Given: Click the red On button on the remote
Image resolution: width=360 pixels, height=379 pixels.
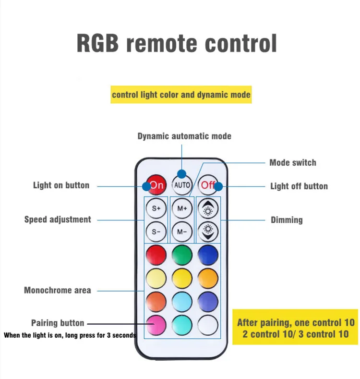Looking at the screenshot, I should (156, 185).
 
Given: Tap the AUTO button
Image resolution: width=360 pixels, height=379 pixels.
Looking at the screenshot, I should (182, 185).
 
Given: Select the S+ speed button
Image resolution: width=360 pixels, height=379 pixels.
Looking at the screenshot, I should (156, 208).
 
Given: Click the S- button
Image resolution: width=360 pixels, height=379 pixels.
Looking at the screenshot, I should (156, 232).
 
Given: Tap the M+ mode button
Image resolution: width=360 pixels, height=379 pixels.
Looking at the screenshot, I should (182, 208).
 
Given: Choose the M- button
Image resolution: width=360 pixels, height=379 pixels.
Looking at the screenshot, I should (182, 232).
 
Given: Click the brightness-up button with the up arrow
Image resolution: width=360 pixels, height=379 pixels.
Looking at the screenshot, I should (208, 208).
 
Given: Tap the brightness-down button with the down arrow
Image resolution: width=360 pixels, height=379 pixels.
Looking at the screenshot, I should (208, 232).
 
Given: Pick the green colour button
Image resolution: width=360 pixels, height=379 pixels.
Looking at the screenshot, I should (182, 255).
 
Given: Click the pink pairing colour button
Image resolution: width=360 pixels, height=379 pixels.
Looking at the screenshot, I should (156, 325).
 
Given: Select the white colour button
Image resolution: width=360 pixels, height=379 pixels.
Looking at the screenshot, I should (208, 325).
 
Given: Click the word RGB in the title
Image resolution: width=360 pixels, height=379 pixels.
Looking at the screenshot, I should (98, 43).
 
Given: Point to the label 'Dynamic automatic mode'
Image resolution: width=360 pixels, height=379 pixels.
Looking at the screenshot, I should (184, 136).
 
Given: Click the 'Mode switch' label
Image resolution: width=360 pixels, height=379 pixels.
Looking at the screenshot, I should (293, 162).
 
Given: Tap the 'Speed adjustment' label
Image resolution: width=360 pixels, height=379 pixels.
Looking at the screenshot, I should (58, 220).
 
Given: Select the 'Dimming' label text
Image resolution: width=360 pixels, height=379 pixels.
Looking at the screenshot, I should (287, 220).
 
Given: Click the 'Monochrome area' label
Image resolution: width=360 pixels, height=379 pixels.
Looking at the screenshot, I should (58, 290).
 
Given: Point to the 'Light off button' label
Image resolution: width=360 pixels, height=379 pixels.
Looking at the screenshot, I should (299, 186).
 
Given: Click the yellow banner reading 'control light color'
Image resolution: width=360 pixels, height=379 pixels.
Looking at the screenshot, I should (181, 95).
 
